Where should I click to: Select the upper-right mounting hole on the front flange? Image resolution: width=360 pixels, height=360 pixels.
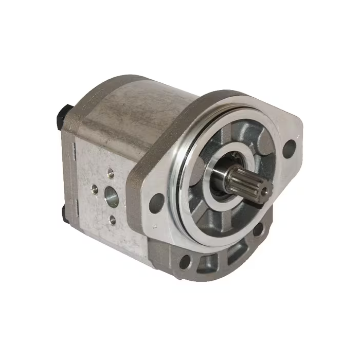pos(289,148)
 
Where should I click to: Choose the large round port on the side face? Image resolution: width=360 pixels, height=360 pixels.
pos(111,196)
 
